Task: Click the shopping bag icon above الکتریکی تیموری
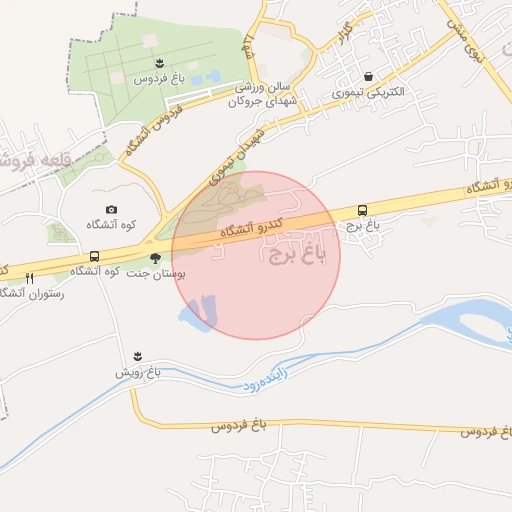pyautogui.click(x=369, y=76)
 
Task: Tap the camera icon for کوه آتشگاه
pyautogui.click(x=111, y=209)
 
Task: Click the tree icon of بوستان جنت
pyautogui.click(x=154, y=258)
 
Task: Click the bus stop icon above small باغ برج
pyautogui.click(x=362, y=211)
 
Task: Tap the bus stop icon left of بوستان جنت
pyautogui.click(x=94, y=257)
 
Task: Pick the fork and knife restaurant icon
pyautogui.click(x=42, y=276)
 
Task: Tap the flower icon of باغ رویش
pyautogui.click(x=137, y=356)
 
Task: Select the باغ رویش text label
pyautogui.click(x=136, y=371)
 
